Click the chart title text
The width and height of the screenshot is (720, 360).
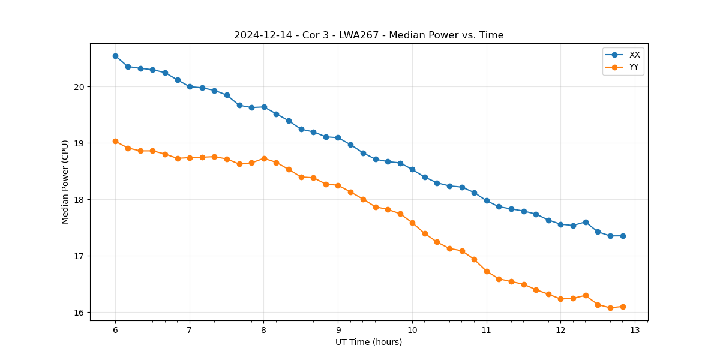(x=368, y=35)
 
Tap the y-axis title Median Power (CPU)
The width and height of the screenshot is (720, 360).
(x=65, y=182)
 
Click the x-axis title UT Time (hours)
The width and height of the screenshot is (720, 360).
(x=368, y=342)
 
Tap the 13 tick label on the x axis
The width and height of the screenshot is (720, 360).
(x=635, y=330)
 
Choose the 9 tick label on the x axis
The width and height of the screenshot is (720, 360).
(x=338, y=330)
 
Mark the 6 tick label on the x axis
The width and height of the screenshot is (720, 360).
(x=115, y=330)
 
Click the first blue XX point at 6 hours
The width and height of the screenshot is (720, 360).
(x=115, y=56)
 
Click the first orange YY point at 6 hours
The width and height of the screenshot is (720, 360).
(x=115, y=142)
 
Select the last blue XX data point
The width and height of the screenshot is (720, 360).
(x=623, y=236)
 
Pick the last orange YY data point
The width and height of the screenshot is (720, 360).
(x=623, y=307)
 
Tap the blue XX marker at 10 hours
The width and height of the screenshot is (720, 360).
(x=412, y=169)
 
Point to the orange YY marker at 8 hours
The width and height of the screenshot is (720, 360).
(x=264, y=158)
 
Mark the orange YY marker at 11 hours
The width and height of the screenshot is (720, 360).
(x=487, y=271)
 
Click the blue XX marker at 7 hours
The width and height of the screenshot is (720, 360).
(x=190, y=86)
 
